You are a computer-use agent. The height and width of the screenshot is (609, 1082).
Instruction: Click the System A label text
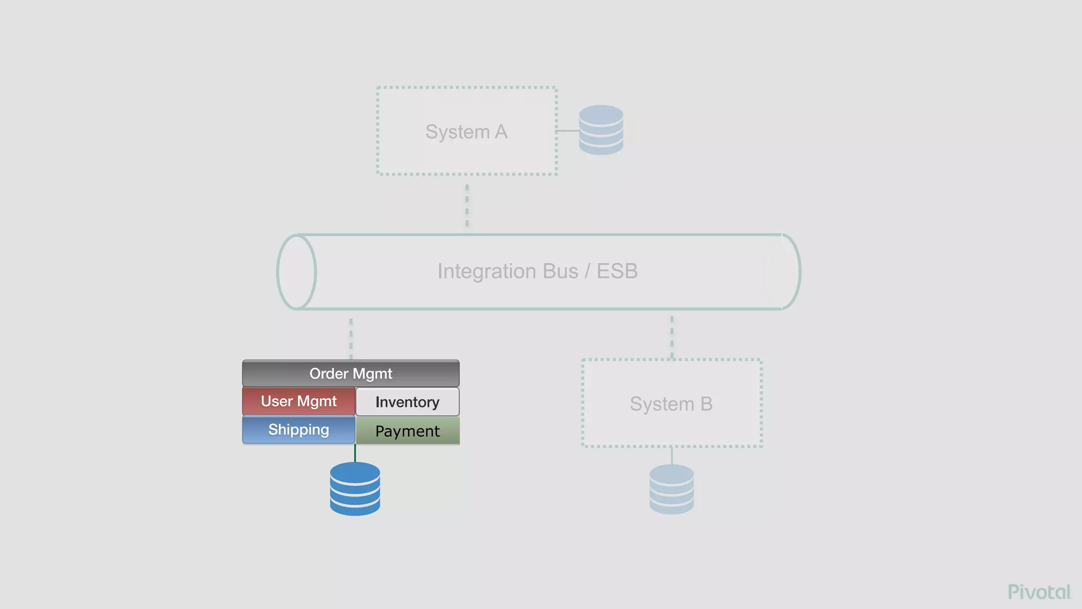(466, 132)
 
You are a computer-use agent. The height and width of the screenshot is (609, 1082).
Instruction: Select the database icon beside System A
(601, 130)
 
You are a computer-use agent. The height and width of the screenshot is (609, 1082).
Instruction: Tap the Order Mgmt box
(351, 374)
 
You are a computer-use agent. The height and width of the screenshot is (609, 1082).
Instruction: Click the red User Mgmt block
(299, 401)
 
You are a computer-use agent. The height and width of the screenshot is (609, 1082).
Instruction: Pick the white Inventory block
(407, 402)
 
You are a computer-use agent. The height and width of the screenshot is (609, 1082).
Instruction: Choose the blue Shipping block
(299, 430)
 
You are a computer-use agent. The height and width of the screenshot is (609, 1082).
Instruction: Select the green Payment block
(407, 431)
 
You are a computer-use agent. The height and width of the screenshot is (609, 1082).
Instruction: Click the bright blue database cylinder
(355, 489)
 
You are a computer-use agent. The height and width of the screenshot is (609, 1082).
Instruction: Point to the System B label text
(671, 404)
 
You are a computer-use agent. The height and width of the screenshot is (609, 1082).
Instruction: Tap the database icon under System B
(671, 489)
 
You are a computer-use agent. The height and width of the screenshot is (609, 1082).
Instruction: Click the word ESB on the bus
(617, 271)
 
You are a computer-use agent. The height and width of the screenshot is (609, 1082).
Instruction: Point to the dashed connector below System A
(467, 205)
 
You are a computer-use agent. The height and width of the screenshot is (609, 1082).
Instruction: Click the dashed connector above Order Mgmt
(351, 338)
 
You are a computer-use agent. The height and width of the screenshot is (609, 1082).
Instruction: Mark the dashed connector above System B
(672, 337)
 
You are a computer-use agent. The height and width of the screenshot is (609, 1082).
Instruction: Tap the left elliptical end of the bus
(297, 272)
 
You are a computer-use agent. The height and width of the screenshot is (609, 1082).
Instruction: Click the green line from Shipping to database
(355, 453)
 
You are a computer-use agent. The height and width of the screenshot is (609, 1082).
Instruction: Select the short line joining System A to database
(568, 131)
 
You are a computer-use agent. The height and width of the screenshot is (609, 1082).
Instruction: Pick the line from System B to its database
(672, 456)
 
